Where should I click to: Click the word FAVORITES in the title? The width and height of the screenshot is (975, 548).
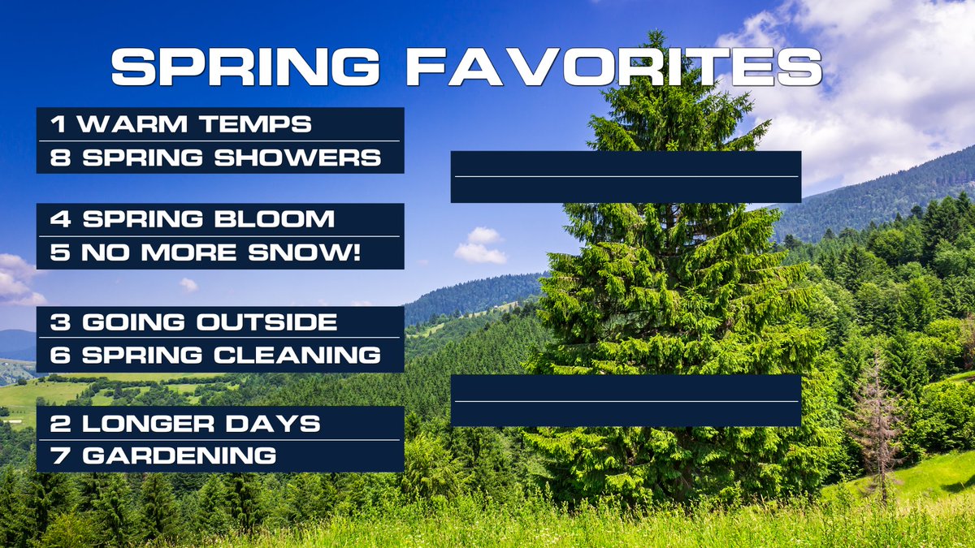click(x=614, y=67)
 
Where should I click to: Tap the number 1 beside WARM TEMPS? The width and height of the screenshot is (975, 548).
click(x=58, y=124)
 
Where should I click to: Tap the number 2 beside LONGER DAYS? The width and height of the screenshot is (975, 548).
click(x=58, y=423)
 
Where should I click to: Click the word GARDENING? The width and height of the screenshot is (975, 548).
click(x=179, y=455)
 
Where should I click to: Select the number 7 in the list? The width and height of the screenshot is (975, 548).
click(x=58, y=455)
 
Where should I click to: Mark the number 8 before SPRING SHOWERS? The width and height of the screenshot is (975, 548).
click(x=58, y=157)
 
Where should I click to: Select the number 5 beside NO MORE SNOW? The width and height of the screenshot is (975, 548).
click(x=58, y=253)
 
